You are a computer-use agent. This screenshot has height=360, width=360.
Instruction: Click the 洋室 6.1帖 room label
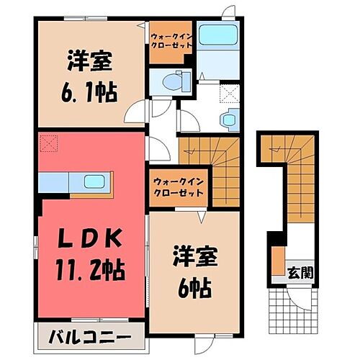point(91,76)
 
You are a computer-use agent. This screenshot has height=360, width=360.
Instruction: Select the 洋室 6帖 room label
point(192,273)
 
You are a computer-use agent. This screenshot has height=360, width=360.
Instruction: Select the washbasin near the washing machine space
point(229,118)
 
